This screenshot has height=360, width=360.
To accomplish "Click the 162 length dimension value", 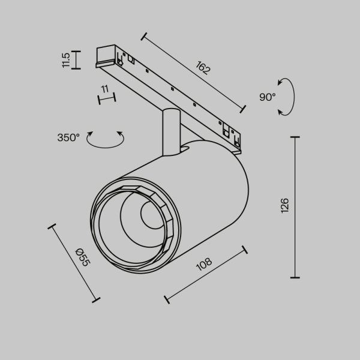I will click(203, 68).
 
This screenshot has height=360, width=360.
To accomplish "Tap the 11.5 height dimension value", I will click(67, 60).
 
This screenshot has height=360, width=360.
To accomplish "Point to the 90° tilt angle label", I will click(268, 96).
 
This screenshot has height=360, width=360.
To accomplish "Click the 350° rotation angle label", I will click(68, 137).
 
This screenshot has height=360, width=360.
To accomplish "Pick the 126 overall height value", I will click(284, 205).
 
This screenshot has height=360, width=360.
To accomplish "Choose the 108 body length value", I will click(205, 265).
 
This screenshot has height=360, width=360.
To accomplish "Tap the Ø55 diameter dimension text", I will click(82, 257).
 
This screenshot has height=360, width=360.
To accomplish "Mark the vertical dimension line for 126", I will click(295, 207).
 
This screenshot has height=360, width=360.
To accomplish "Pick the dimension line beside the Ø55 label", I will click(74, 263).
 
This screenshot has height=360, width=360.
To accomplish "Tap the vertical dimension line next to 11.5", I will click(76, 60).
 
